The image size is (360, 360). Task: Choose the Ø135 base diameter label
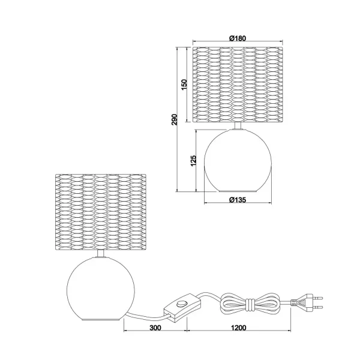[x=239, y=199]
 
